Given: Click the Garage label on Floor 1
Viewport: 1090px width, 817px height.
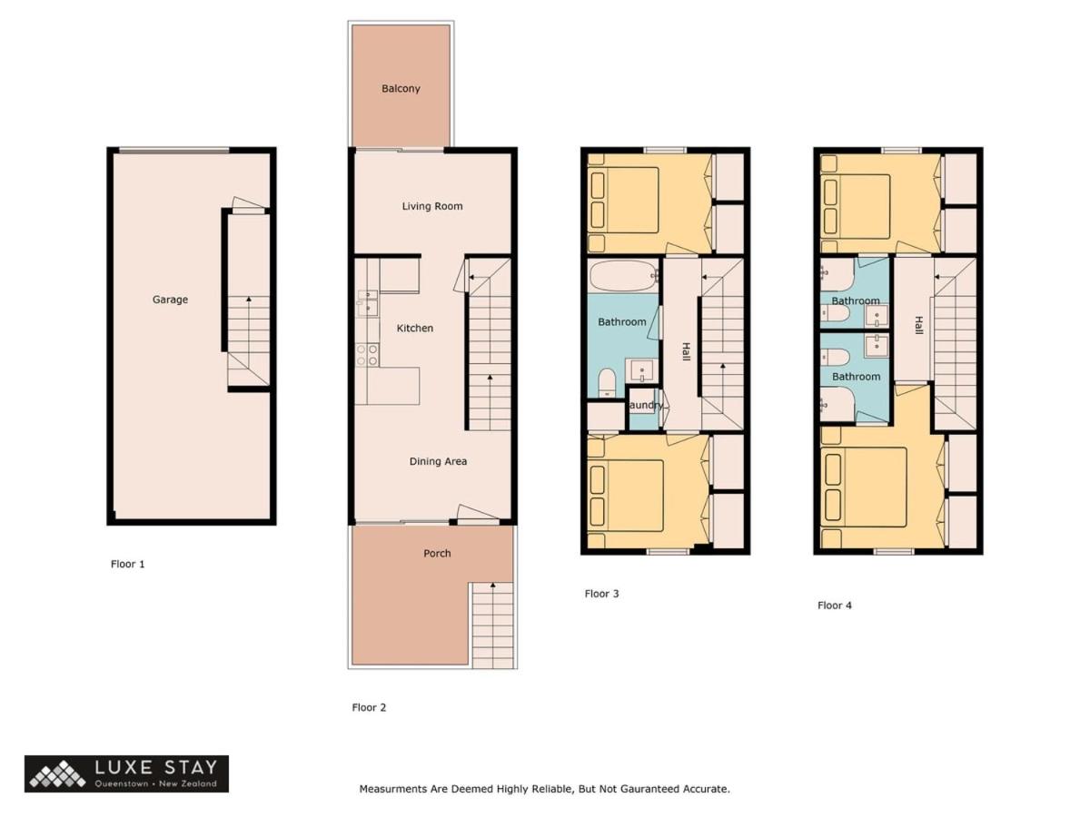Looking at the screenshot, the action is pyautogui.click(x=170, y=300).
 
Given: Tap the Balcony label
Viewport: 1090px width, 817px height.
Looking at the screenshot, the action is pyautogui.click(x=401, y=89).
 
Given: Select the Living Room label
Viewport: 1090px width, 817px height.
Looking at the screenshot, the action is pyautogui.click(x=432, y=206).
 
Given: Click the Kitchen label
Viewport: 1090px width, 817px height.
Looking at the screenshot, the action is pyautogui.click(x=414, y=329).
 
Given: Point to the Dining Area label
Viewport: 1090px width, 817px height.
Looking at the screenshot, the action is pyautogui.click(x=438, y=461).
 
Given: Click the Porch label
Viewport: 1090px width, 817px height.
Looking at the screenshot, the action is pyautogui.click(x=437, y=553).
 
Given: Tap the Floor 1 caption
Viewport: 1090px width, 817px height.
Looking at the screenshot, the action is pyautogui.click(x=128, y=564).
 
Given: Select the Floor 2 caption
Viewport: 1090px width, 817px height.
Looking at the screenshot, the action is pyautogui.click(x=369, y=707).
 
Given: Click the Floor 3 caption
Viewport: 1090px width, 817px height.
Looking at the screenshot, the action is pyautogui.click(x=602, y=594).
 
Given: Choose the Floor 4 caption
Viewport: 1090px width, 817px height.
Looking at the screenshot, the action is pyautogui.click(x=835, y=605).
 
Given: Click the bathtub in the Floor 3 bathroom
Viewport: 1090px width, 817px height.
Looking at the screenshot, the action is pyautogui.click(x=623, y=276).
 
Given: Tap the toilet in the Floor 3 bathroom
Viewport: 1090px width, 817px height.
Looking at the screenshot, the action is pyautogui.click(x=607, y=382).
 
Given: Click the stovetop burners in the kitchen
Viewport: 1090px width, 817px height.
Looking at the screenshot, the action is pyautogui.click(x=367, y=355).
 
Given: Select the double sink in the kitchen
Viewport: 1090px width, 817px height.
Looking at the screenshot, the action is pyautogui.click(x=368, y=303).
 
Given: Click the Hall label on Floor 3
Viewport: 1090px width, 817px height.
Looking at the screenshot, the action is pyautogui.click(x=686, y=351).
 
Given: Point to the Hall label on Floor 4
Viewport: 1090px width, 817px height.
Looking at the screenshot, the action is pyautogui.click(x=918, y=325).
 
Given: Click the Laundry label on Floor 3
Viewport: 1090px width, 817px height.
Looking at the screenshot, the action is pyautogui.click(x=645, y=405).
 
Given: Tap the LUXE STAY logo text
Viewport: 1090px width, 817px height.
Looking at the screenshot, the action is pyautogui.click(x=156, y=767).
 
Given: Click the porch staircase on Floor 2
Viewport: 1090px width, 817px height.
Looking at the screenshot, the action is pyautogui.click(x=492, y=625).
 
